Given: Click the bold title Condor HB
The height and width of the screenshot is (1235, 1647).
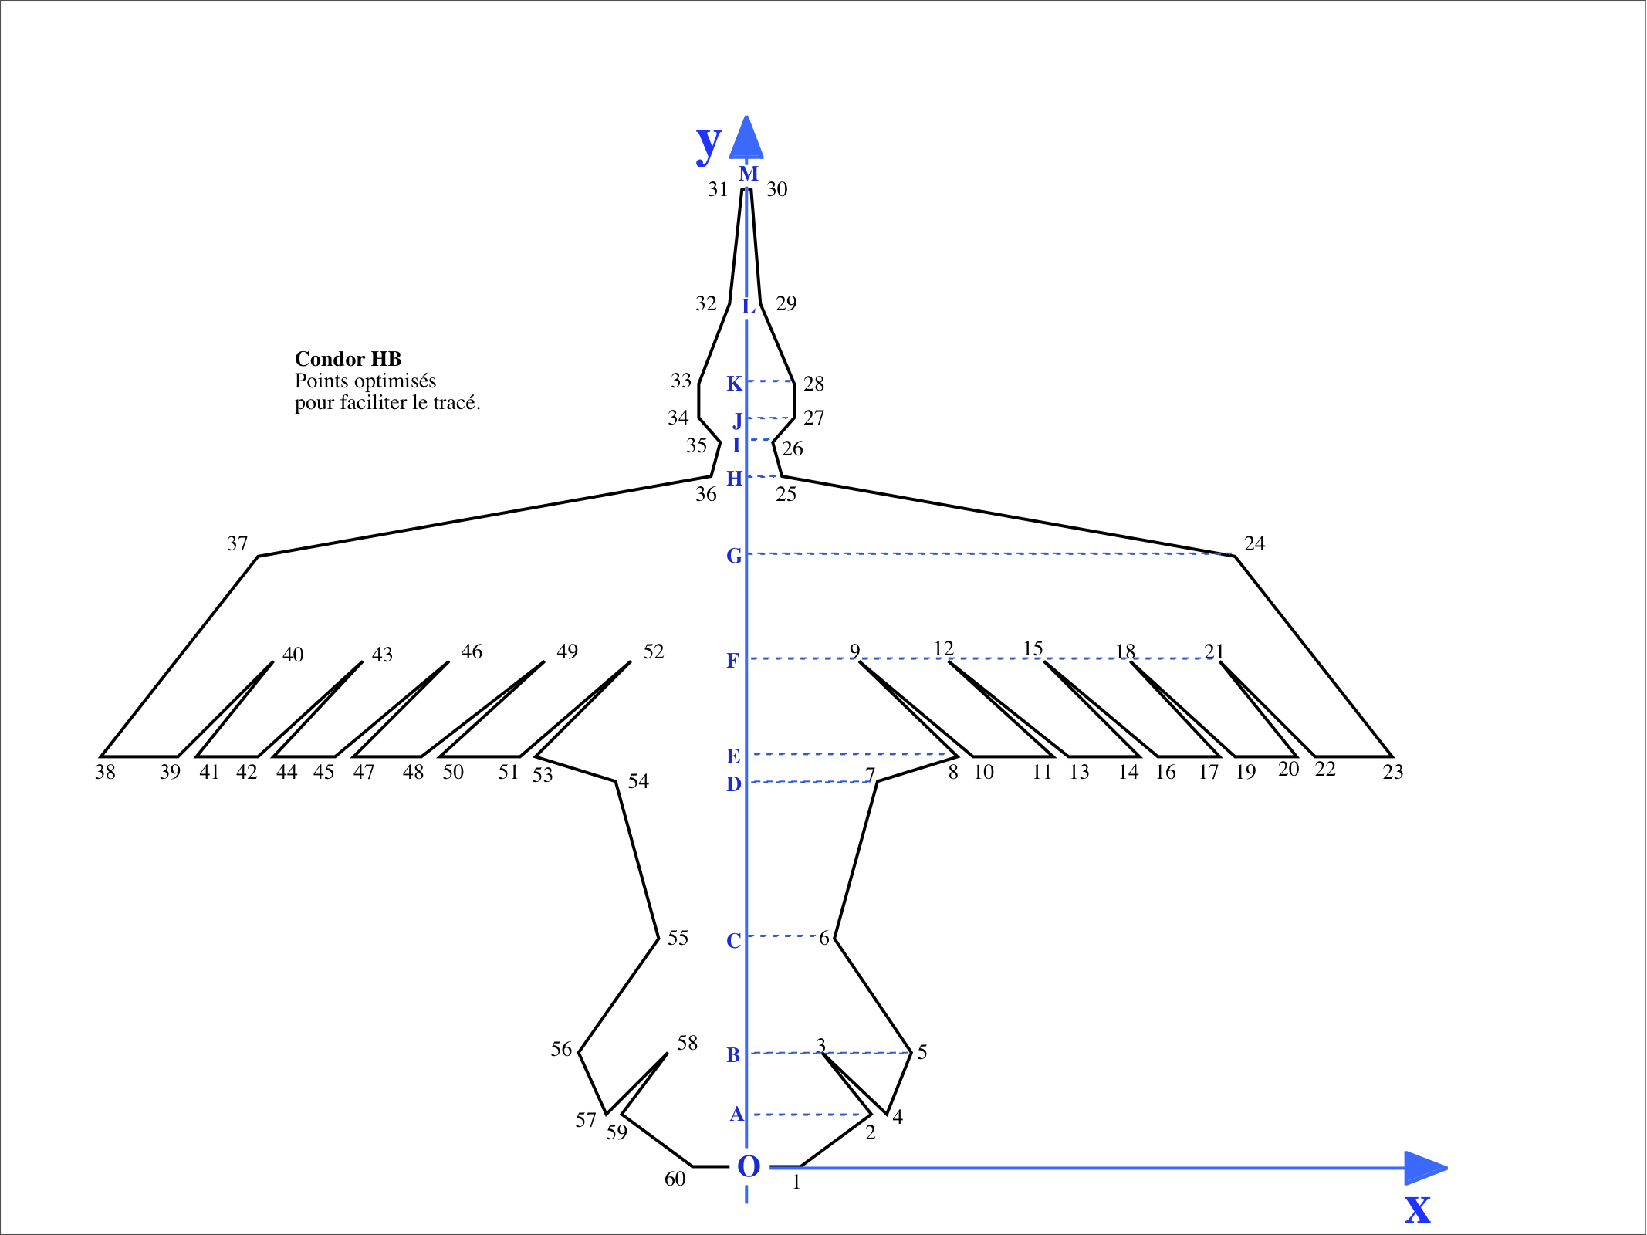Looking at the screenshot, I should point(348,359).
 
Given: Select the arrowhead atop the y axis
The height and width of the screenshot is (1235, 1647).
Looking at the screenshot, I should point(746,139).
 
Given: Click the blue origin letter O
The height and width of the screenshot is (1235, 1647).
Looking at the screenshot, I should point(749,1167).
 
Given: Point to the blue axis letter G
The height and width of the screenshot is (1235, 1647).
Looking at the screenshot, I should point(734,556).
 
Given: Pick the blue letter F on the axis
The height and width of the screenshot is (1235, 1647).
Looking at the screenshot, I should point(732,661).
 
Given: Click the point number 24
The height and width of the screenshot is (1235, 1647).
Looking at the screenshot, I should point(1254,543).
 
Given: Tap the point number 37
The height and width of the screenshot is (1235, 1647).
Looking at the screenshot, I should point(238,544).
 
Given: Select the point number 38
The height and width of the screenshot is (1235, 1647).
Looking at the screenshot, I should point(105,772).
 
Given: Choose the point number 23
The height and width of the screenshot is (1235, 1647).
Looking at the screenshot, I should point(1392,772).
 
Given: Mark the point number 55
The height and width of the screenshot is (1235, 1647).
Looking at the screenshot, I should point(678,938).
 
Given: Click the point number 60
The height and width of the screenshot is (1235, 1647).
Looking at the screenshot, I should point(675,1179).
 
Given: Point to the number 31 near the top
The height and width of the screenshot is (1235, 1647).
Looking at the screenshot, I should point(718,189).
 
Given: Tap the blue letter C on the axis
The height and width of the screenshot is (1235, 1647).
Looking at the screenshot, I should point(733,941).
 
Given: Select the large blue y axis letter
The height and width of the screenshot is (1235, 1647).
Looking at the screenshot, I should point(709,144).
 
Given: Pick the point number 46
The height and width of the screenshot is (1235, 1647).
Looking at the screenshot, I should point(472,652).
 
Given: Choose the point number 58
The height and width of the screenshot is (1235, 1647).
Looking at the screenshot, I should point(687,1044).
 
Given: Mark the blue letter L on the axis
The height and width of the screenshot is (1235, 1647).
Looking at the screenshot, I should point(748,307).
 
